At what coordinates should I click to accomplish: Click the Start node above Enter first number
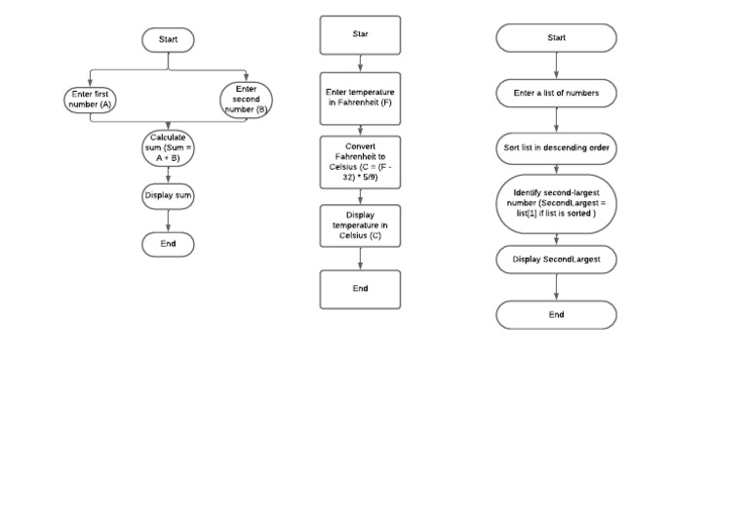pos(168,40)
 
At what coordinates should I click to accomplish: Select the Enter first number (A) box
pos(91,100)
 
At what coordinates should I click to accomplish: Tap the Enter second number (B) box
pos(246,100)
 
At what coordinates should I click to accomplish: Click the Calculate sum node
pos(168,147)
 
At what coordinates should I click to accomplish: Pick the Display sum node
pos(168,196)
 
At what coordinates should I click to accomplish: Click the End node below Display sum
pos(168,244)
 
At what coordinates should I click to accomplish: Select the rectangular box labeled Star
pos(360,35)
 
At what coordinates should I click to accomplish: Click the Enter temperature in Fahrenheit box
pos(360,99)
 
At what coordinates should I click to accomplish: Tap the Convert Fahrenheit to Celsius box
pos(360,162)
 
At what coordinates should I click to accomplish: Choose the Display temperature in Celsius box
pos(360,225)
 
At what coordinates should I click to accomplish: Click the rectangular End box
pos(360,289)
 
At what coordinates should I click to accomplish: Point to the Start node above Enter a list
pos(557,38)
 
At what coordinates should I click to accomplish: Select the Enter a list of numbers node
pos(557,93)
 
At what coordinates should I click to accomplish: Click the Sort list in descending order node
pos(557,148)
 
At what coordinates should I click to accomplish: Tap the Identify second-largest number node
pos(557,204)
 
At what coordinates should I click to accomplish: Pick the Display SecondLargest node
pos(557,260)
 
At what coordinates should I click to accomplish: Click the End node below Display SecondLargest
pos(557,315)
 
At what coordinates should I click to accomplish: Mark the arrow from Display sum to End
pos(168,221)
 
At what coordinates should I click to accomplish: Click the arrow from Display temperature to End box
pos(360,259)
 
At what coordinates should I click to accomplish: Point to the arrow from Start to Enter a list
pos(557,65)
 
